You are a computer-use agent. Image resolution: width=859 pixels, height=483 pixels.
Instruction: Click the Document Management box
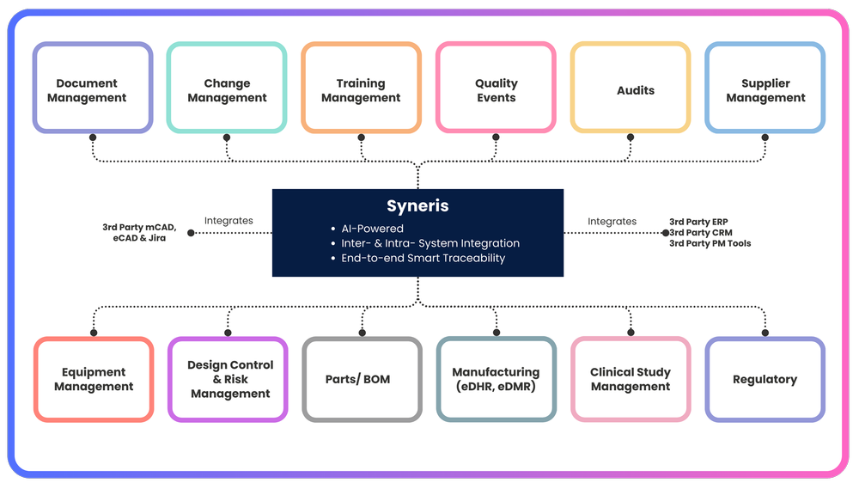pos(93,89)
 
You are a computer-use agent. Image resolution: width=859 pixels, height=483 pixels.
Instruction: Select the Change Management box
pos(227,89)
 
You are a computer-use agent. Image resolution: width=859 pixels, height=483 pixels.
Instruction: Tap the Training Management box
pos(361,89)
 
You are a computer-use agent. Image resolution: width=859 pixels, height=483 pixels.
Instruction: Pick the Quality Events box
pos(496,89)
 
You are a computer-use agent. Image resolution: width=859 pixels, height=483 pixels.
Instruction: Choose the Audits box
pos(631,89)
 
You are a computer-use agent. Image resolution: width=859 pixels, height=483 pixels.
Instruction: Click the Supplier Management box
pos(765,89)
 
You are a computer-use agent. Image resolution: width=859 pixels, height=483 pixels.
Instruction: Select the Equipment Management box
pos(94,379)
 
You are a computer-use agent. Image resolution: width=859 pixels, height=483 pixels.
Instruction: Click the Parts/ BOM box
pos(362,379)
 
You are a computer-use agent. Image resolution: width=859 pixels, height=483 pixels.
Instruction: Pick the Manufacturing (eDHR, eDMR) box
pos(496,379)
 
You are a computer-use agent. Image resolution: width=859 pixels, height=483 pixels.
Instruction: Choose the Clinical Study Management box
pos(631,379)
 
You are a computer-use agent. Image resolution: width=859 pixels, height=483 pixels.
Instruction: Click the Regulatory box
pos(765,379)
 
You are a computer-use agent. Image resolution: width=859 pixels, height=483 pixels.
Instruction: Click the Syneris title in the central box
pos(417,206)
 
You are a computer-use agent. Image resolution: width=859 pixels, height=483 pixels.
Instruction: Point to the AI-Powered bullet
pos(373,229)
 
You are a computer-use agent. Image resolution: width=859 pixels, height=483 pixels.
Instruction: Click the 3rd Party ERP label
pos(698,222)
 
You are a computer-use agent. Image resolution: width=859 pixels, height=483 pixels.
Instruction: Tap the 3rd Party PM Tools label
pos(710,243)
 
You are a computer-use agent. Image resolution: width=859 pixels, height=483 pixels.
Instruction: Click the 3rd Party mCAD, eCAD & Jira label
pos(138,232)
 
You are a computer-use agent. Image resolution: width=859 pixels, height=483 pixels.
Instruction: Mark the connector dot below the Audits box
pos(631,138)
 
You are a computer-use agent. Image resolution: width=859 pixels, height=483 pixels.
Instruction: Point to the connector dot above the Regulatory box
pos(765,332)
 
